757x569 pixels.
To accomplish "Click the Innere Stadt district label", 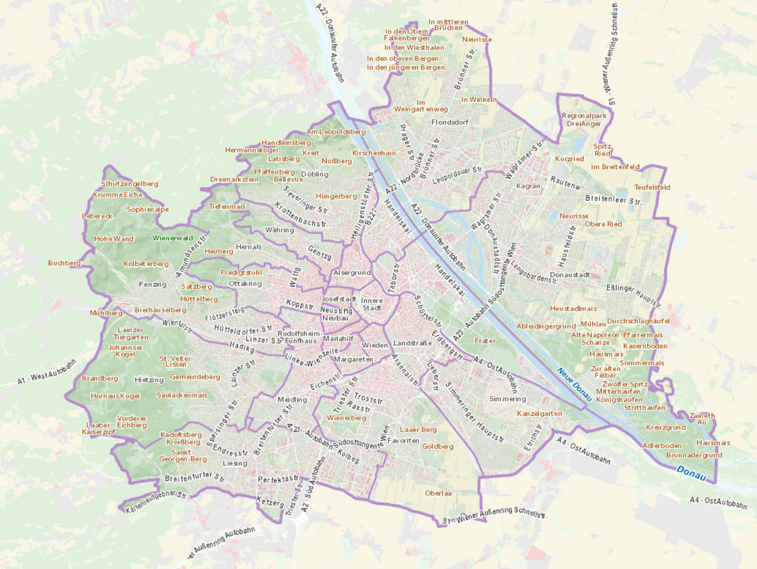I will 371,303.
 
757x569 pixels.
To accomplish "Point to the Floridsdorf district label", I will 449,122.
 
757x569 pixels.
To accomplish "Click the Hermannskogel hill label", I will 252,150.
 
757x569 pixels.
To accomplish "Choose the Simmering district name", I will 507,399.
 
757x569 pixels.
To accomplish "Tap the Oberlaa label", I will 438,493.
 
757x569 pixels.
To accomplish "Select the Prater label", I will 485,341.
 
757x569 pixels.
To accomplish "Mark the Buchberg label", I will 65,263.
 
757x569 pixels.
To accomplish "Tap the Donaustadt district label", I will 570,275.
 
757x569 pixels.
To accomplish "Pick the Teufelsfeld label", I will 652,187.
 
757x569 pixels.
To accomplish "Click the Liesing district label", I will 235,463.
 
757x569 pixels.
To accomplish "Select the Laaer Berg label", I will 418,430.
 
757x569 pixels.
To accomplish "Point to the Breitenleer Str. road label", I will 614,200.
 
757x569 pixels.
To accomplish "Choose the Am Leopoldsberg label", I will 336,131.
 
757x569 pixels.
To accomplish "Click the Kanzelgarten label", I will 539,413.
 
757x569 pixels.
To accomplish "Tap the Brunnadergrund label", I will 694,455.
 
